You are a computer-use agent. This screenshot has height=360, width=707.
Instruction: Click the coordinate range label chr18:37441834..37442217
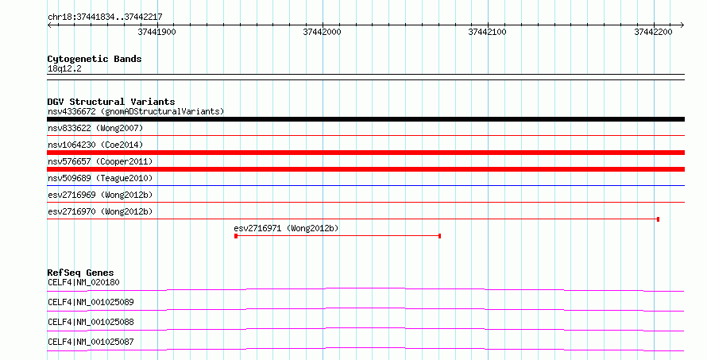(x=105, y=17)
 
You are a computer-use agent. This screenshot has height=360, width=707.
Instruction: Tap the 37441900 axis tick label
(x=157, y=32)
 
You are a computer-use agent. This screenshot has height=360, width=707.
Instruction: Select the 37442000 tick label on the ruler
(x=322, y=32)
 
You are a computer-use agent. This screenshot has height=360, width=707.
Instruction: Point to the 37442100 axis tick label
(x=488, y=32)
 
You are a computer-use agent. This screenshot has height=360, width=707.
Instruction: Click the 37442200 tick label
(x=653, y=32)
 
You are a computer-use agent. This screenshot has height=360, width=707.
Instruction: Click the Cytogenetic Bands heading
(x=95, y=59)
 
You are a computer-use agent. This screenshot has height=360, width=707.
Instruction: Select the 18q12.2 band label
(x=64, y=69)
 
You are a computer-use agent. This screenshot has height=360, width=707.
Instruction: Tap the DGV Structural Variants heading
(x=111, y=102)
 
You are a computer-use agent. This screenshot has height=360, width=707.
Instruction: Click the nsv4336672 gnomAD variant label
(x=136, y=111)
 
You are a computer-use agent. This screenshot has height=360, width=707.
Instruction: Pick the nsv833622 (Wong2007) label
(x=95, y=128)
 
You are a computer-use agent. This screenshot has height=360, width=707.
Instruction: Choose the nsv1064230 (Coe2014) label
(x=95, y=145)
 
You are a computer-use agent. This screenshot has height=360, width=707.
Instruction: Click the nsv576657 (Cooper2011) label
(x=100, y=161)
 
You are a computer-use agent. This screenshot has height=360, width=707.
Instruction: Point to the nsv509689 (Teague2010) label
(x=100, y=178)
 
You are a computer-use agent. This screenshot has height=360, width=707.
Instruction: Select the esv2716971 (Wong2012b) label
(x=286, y=228)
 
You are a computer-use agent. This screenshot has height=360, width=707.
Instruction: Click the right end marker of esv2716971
(x=439, y=236)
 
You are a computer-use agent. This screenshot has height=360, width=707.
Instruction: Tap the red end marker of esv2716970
(x=659, y=219)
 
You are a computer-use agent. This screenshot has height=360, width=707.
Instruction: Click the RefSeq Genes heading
(x=80, y=273)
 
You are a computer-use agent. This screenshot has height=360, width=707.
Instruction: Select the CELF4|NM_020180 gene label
(x=83, y=282)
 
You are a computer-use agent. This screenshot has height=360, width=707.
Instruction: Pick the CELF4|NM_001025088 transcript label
(x=91, y=322)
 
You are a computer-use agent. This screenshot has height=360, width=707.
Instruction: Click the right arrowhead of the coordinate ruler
(x=683, y=25)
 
